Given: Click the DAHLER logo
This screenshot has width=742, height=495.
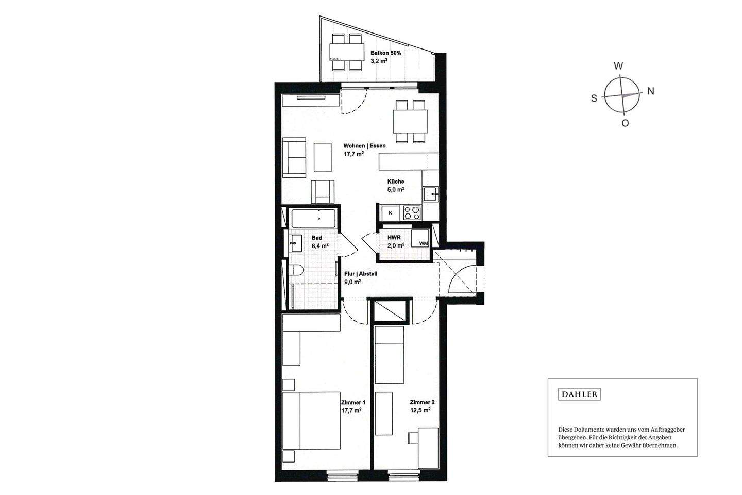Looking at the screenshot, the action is pos(579,394).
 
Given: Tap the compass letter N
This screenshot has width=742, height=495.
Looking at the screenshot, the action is pos(651,91).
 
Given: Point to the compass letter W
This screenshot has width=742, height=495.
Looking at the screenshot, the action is pos(618,66).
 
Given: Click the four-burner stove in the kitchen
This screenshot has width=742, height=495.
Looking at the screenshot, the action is pos(412,212).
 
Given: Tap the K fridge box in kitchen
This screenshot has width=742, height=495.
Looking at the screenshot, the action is pos(391,213).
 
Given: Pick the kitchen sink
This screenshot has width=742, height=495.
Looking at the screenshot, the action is pos(431,194).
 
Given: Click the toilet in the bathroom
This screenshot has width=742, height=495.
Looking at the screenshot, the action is pos(296,270).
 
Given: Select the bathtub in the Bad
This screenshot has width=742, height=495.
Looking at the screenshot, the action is pos(313,219).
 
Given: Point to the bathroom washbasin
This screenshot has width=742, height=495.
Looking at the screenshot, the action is pos(63,243).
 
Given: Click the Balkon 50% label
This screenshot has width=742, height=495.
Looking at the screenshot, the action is pos(386,53).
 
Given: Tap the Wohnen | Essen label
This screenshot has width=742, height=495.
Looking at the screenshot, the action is pos(364,145).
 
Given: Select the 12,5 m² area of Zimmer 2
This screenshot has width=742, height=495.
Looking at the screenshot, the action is pos(420,410).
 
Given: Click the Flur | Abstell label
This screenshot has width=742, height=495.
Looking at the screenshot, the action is pos(361,274).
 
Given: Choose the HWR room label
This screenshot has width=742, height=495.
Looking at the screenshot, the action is pos(394,237).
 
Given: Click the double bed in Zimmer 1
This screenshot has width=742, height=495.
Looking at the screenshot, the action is pos(311,420).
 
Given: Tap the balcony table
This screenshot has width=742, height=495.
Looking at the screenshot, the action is pos(347,52).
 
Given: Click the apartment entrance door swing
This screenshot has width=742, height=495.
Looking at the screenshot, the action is pos(462,279).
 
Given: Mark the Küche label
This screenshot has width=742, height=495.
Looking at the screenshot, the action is pos(396,181).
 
